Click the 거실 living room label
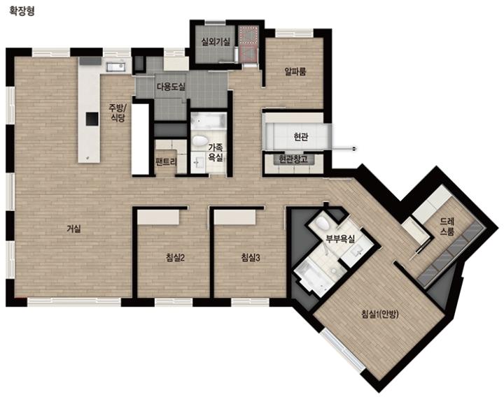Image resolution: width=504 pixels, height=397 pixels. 74,229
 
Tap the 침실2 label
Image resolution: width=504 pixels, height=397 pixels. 175,258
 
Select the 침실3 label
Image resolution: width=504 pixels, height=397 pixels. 251,257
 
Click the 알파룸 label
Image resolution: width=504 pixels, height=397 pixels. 295,71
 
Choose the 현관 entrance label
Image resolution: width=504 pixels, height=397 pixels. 301,137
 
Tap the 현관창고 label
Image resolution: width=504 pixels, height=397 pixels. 293,159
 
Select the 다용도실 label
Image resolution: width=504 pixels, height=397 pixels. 171,87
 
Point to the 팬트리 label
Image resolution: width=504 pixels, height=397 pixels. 166,162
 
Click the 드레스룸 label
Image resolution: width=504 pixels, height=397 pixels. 447,226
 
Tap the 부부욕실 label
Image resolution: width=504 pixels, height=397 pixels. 340,239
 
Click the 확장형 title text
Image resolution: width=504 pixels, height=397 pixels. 22,11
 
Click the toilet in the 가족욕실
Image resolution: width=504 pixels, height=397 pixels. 201,141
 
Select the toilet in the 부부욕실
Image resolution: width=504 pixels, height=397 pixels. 322,223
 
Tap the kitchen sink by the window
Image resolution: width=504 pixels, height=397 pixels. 115,67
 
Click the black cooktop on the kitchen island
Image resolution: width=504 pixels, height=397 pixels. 92,119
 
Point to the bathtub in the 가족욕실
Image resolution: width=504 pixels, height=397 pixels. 208,122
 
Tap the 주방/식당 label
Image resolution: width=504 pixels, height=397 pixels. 118,113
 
